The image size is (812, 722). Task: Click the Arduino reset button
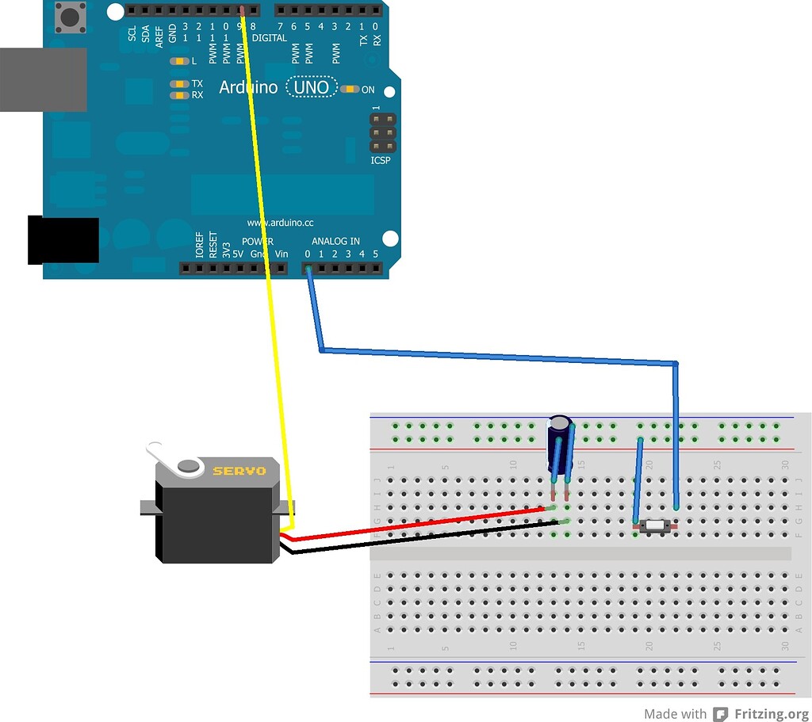(70, 17)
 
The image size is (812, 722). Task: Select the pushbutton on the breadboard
(655, 525)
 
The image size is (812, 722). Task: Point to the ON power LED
(350, 89)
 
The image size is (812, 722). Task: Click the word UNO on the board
(311, 87)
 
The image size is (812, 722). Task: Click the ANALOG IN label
(335, 241)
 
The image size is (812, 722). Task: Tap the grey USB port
(43, 79)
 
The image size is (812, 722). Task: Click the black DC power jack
(63, 240)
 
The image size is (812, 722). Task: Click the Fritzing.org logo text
(769, 714)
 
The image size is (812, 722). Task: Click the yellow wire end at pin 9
(242, 11)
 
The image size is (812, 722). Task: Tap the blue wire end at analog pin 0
(308, 269)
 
